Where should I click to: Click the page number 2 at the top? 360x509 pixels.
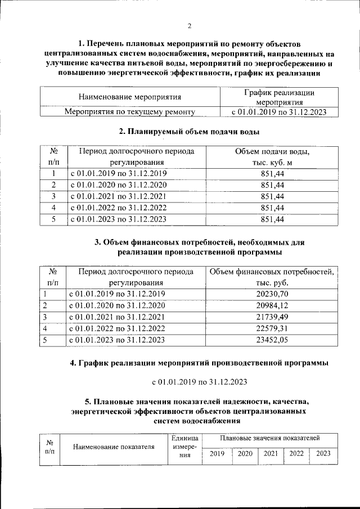pyautogui.click(x=190, y=25)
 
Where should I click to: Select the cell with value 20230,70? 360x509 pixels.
pyautogui.click(x=272, y=294)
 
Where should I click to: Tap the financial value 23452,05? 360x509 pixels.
pyautogui.click(x=272, y=340)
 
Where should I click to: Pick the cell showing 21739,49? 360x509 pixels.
pyautogui.click(x=272, y=317)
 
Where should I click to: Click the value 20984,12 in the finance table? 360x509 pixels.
pyautogui.click(x=272, y=305)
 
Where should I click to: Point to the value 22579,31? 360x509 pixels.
pyautogui.click(x=272, y=328)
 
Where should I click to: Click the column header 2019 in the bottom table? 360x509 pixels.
pyautogui.click(x=217, y=453)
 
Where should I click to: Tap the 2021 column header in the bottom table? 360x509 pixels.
pyautogui.click(x=271, y=453)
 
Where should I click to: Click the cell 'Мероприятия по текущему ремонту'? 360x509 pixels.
pyautogui.click(x=129, y=112)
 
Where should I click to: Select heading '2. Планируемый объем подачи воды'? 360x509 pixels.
pyautogui.click(x=189, y=132)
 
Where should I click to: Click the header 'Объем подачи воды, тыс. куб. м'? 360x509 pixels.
pyautogui.click(x=272, y=157)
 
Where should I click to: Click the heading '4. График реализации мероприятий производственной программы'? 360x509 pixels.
pyautogui.click(x=199, y=363)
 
